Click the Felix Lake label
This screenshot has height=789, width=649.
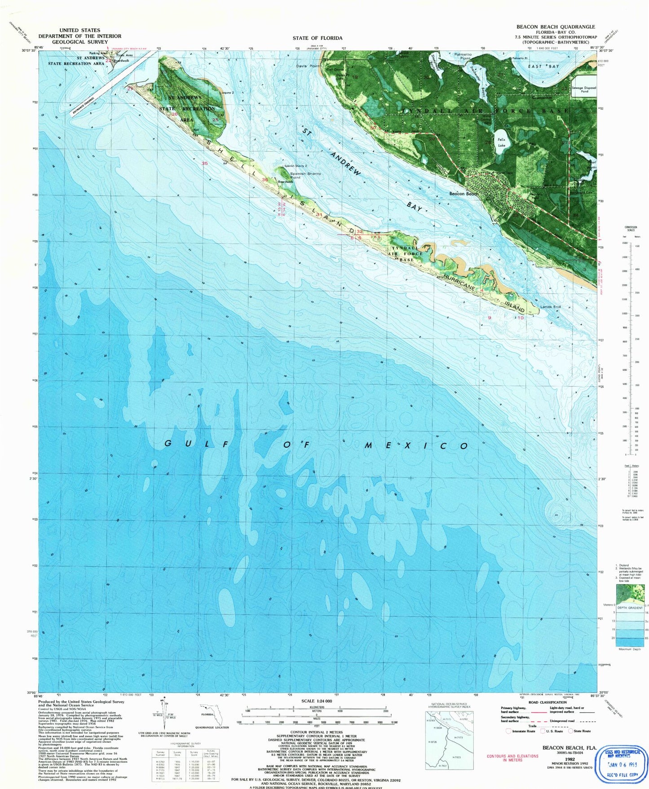click(501, 142)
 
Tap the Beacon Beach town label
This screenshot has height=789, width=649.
click(464, 194)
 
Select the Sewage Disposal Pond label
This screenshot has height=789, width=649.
click(584, 89)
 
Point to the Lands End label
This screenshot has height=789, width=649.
click(550, 307)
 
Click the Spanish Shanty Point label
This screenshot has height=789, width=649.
click(305, 175)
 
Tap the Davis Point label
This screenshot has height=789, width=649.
click(308, 66)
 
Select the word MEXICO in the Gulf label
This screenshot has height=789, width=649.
click(416, 445)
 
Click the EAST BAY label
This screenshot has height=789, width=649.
click(543, 66)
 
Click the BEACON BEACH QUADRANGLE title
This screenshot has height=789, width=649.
click(556, 27)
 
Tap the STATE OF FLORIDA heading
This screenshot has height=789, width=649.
click(317, 38)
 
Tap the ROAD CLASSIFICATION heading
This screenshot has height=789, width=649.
click(547, 702)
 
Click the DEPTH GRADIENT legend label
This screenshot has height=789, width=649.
click(630, 608)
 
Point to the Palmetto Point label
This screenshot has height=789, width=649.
click(463, 56)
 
